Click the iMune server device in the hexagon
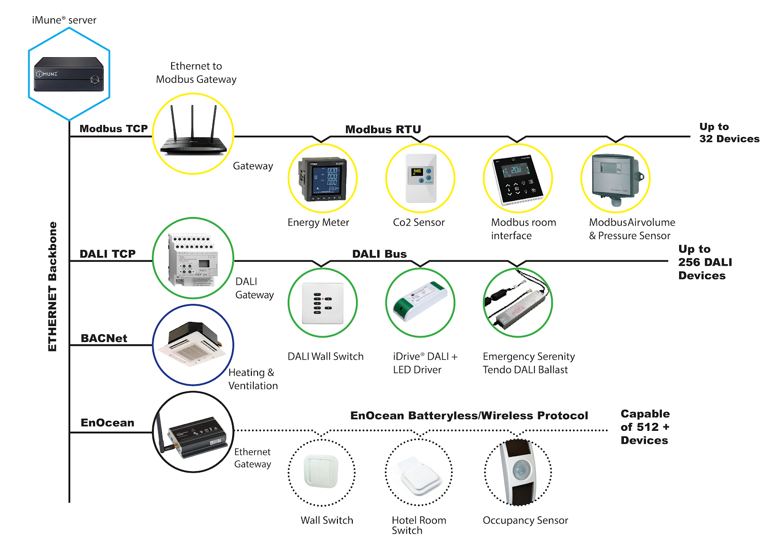(69, 74)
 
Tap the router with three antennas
(193, 134)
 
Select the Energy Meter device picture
(322, 179)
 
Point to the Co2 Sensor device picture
(421, 178)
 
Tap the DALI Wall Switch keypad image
(322, 303)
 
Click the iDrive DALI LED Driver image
(420, 301)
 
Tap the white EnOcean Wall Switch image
(322, 472)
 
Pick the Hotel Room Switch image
(420, 475)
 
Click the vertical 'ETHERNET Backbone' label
(52, 286)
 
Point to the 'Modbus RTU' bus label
(383, 130)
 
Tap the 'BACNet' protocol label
(104, 339)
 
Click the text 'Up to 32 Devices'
(729, 133)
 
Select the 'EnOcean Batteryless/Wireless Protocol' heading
(469, 416)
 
